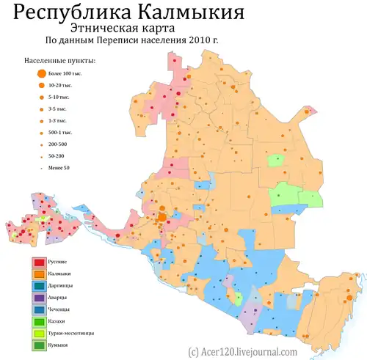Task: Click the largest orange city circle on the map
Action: (x=161, y=217)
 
